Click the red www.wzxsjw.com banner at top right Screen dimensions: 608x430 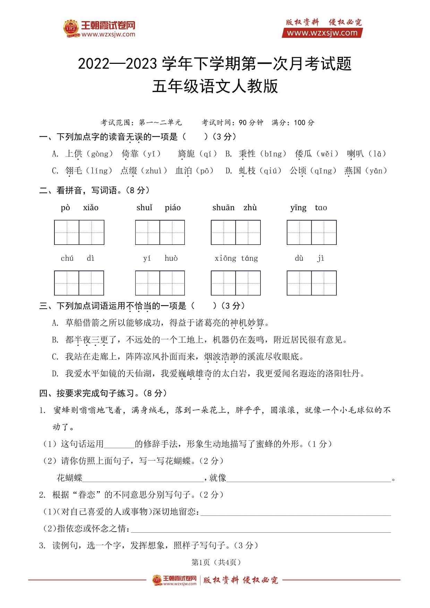pos(322,33)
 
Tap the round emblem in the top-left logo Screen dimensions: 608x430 pos(71,28)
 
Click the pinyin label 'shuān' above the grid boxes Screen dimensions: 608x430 pos(223,208)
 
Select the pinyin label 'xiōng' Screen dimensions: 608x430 pos(225,258)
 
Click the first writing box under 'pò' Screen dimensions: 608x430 pos(67,232)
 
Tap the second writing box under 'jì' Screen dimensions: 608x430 pos(324,283)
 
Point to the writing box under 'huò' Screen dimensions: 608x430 pos(172,283)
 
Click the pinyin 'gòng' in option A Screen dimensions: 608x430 pos(100,154)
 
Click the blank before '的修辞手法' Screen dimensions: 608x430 pos(119,444)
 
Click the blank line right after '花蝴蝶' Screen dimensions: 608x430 pos(143,478)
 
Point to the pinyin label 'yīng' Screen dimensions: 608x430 pos(298,208)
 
